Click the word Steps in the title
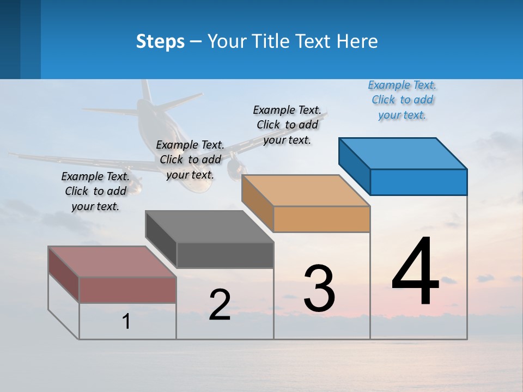[160, 41]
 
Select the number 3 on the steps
[319, 289]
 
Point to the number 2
[220, 305]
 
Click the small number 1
[126, 321]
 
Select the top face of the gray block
[210, 226]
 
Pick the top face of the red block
[112, 262]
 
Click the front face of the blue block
[418, 182]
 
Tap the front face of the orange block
[321, 219]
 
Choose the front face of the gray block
[225, 255]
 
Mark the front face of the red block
[127, 290]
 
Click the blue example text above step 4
[402, 100]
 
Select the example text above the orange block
[287, 125]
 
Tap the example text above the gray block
[190, 160]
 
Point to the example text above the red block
[95, 191]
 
